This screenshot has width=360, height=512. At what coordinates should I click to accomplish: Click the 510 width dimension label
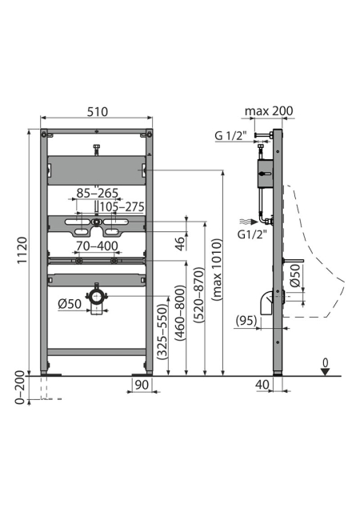(97, 112)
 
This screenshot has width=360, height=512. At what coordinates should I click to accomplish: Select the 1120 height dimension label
(22, 250)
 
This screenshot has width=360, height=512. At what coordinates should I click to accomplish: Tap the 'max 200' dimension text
(269, 111)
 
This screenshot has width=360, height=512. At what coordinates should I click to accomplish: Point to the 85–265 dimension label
(97, 193)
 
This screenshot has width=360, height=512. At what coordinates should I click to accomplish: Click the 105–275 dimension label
(122, 206)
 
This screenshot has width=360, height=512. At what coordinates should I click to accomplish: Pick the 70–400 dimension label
(97, 246)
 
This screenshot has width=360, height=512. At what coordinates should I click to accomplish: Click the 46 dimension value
(180, 243)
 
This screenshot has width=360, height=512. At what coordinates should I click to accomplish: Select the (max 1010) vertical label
(217, 270)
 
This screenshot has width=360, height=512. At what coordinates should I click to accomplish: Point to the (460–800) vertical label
(180, 313)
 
